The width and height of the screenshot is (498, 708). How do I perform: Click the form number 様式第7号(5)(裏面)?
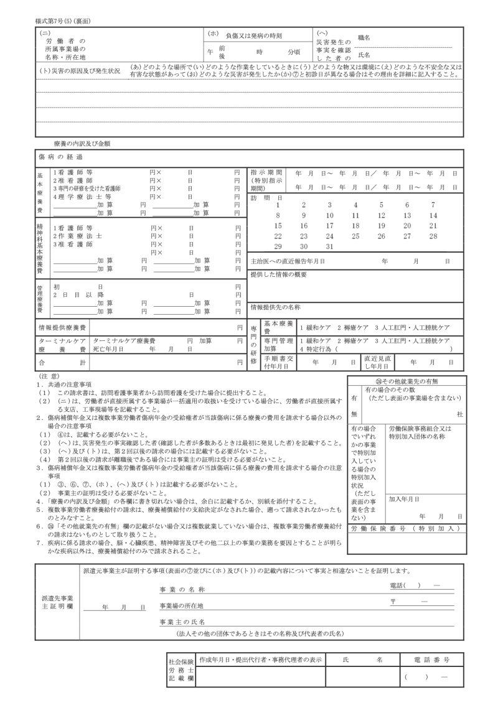[x=64, y=21]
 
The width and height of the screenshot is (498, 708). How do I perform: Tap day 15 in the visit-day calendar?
[x=278, y=225]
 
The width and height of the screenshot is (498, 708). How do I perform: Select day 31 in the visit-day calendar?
[x=330, y=246]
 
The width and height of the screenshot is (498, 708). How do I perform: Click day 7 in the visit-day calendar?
[x=433, y=204]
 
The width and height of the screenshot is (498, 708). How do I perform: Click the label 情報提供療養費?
[x=63, y=327]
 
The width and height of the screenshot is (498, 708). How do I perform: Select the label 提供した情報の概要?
[x=279, y=274]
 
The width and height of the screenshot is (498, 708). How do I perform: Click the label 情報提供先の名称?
[x=275, y=307]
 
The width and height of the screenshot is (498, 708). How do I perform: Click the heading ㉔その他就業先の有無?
[x=406, y=381]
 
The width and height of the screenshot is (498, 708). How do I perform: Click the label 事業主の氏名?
[x=182, y=622]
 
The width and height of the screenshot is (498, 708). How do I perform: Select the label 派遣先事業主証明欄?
[x=58, y=602]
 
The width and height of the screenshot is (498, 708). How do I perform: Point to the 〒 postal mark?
[x=394, y=602]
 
